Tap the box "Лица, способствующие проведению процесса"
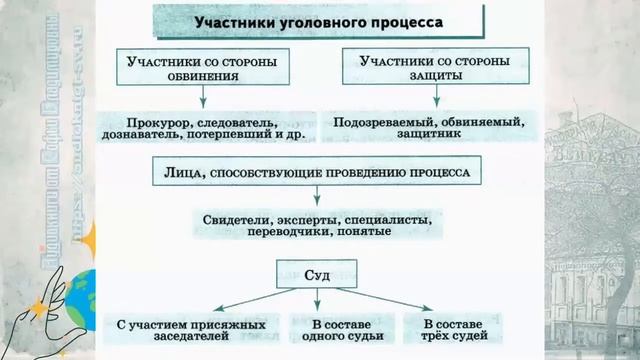(x=316, y=172)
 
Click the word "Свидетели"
(x=237, y=219)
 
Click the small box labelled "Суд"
(x=316, y=272)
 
